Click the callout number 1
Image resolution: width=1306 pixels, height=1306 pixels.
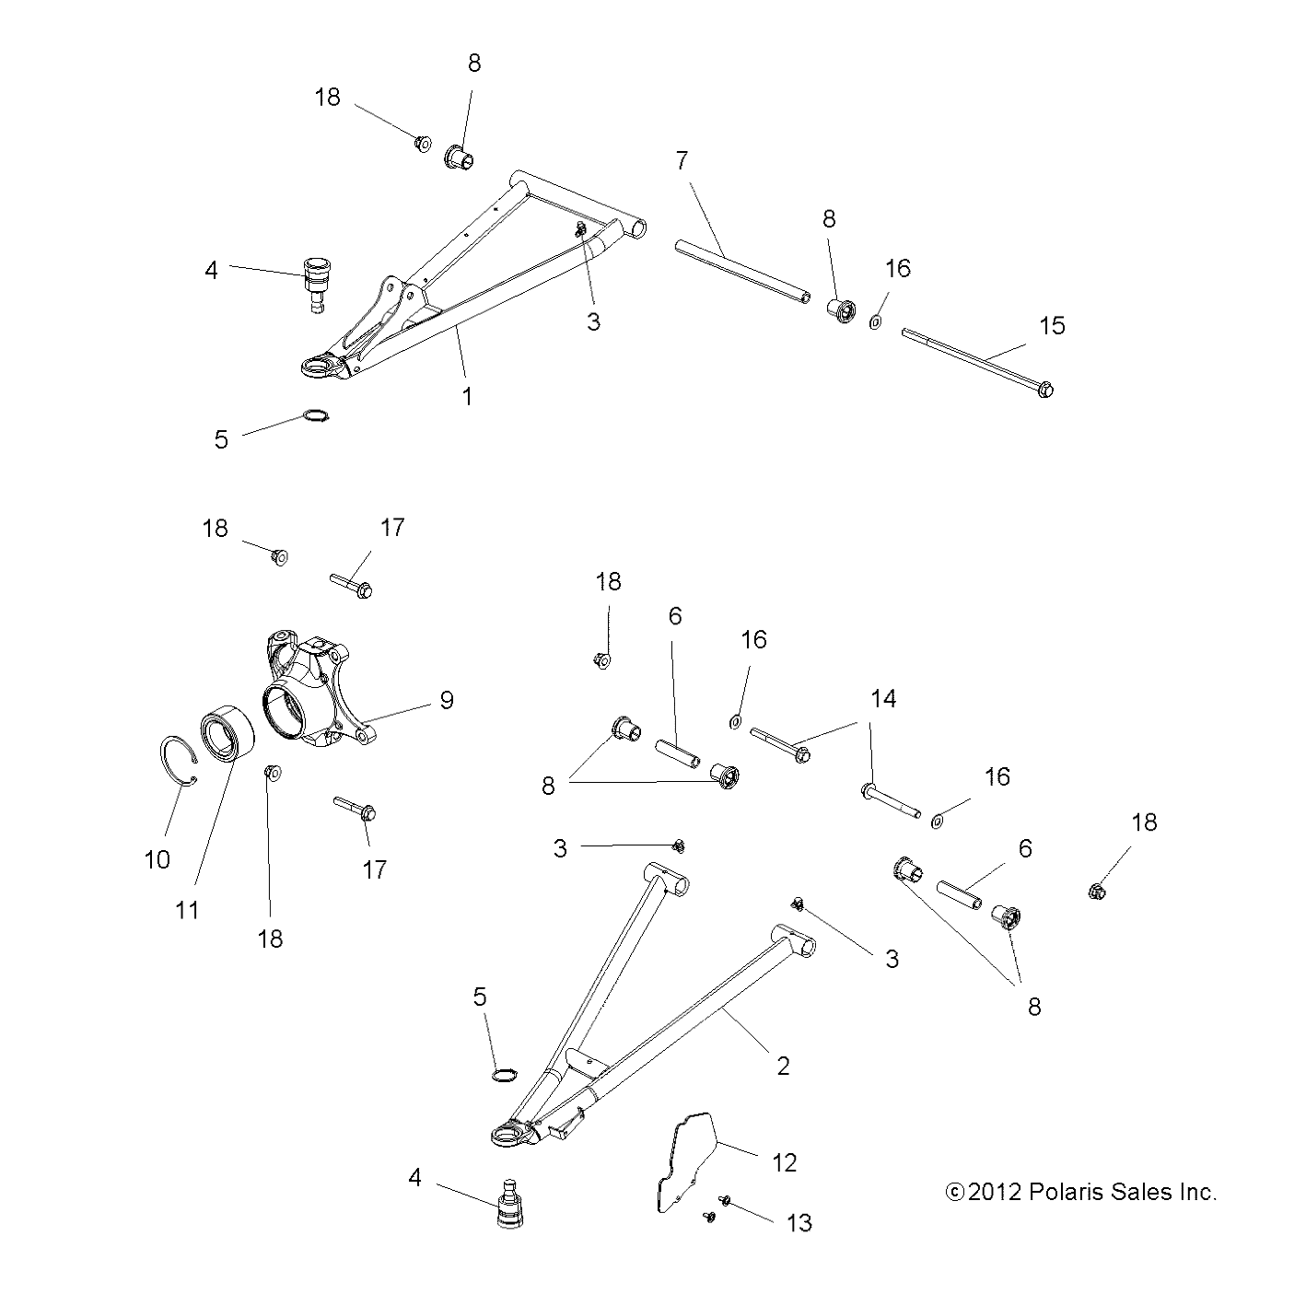click(467, 396)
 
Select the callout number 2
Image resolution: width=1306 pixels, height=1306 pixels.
click(784, 1066)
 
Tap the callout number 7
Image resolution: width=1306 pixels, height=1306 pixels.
click(682, 160)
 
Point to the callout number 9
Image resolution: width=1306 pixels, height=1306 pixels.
click(447, 700)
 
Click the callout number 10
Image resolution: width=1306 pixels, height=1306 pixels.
click(157, 859)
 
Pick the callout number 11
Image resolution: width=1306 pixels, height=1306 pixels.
click(187, 910)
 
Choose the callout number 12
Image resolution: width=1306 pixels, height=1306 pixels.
click(784, 1162)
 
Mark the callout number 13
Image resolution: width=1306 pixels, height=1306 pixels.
click(799, 1222)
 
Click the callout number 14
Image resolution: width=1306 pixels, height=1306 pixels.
click(883, 699)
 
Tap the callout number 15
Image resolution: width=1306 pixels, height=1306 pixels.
click(1052, 325)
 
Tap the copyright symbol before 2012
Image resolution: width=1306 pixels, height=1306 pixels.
click(955, 1192)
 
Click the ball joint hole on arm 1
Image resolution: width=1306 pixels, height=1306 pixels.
click(319, 368)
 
